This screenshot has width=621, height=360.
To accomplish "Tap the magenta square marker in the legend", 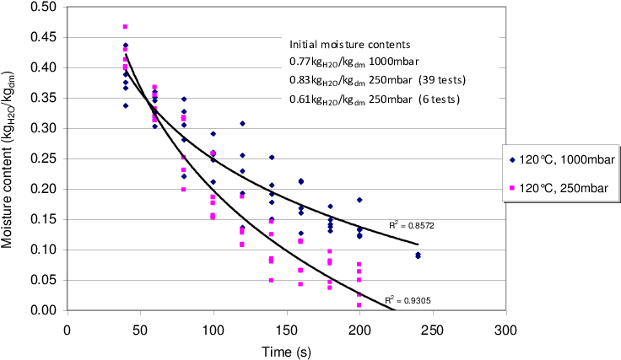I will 511,186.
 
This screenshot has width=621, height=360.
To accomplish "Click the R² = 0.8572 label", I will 413,226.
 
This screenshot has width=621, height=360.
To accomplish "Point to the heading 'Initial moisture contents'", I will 350,44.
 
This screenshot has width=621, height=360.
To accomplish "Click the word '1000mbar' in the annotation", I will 395,62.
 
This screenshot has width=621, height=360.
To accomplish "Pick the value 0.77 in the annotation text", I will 300,62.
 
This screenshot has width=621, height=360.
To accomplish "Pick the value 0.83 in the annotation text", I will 300,80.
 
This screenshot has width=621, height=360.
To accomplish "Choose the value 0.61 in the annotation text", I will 300,99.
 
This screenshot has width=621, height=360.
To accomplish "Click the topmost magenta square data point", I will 125,26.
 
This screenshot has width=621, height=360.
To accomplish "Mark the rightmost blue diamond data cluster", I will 418,255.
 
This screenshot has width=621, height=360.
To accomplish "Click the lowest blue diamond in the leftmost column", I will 125,105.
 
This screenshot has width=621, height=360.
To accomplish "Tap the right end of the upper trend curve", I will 417,244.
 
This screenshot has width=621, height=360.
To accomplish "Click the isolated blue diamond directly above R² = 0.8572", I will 359,200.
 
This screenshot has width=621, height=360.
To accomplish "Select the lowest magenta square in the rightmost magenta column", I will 359,305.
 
